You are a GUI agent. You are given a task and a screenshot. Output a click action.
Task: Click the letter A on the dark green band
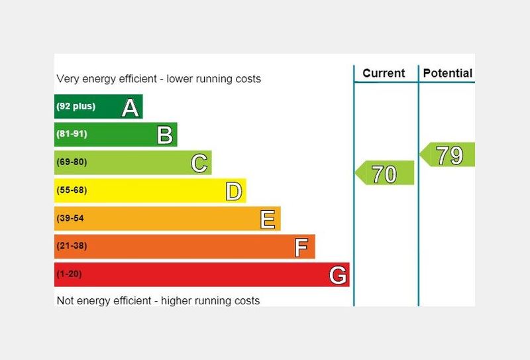click(x=131, y=107)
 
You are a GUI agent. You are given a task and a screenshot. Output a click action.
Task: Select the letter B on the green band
click(x=165, y=135)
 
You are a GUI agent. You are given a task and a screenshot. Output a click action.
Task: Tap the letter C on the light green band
click(x=199, y=162)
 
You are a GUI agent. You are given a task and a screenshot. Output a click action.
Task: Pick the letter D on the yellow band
click(x=234, y=191)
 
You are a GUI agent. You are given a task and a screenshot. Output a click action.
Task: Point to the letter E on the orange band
click(x=268, y=219)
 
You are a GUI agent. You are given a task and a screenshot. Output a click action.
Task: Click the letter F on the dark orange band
click(x=301, y=247)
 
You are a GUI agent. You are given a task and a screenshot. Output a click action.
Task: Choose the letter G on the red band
click(x=338, y=274)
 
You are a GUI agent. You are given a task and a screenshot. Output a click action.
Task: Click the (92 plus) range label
click(x=76, y=106)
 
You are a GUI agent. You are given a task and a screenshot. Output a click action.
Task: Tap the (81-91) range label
click(x=72, y=134)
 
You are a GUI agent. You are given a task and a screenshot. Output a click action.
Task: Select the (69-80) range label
click(x=72, y=162)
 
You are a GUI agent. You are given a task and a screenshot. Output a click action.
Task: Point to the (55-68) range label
click(x=72, y=190)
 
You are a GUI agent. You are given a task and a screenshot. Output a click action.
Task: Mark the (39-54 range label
click(x=71, y=218)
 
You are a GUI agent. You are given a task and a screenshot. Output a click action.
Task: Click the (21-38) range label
click(x=72, y=246)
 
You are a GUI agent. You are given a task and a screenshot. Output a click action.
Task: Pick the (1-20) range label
click(x=70, y=274)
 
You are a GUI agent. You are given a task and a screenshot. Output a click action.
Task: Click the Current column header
click(x=384, y=73)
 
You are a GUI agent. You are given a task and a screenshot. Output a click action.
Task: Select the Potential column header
click(x=447, y=73)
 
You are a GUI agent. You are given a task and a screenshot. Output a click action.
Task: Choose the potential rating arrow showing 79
click(x=449, y=155)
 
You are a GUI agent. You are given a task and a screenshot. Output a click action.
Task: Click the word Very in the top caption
click(x=69, y=79)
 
